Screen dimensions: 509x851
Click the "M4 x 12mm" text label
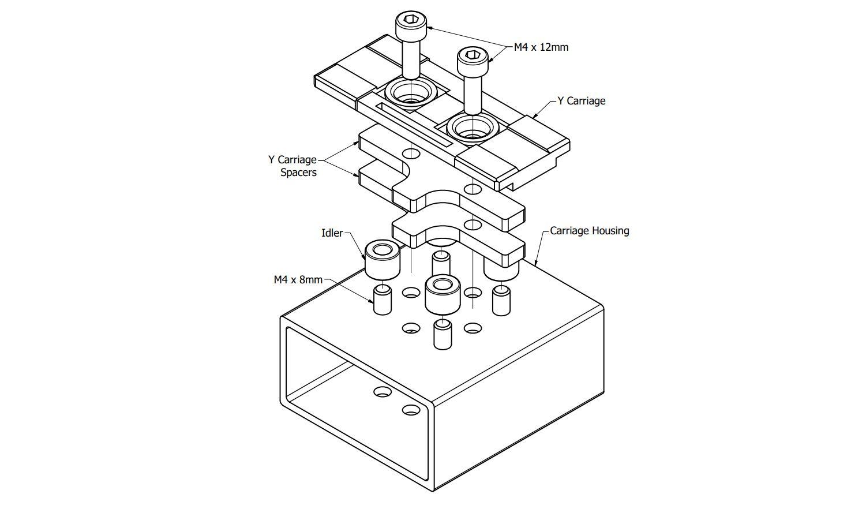(541, 47)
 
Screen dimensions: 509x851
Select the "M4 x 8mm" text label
(298, 280)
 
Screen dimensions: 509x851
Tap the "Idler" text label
(332, 233)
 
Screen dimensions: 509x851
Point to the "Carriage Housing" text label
(589, 231)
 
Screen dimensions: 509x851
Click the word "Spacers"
(298, 173)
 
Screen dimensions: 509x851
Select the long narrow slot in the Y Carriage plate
(413, 124)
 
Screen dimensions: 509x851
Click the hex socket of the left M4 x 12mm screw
(411, 20)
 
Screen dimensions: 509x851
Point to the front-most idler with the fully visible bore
(443, 293)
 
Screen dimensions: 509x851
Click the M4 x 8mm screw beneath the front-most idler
(443, 335)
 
